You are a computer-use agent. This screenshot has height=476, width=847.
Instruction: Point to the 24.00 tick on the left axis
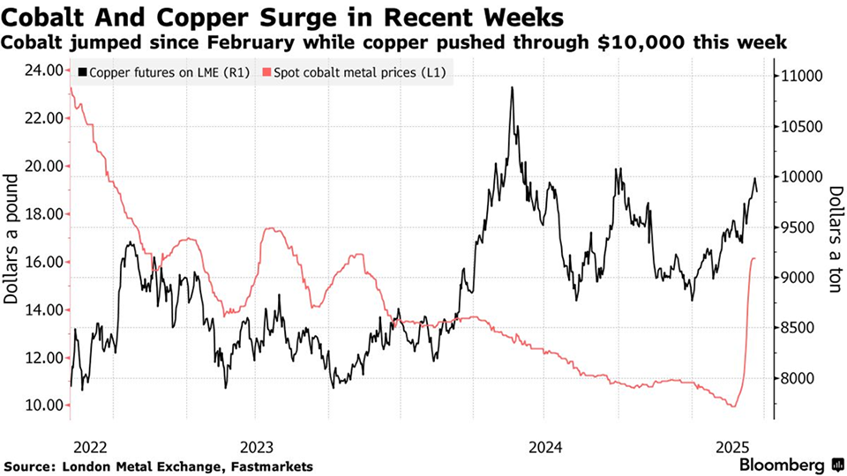click(41, 71)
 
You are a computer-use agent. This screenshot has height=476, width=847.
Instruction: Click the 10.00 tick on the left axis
click(41, 405)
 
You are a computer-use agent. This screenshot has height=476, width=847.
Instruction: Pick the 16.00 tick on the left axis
click(41, 262)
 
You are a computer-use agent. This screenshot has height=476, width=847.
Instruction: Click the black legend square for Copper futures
click(83, 71)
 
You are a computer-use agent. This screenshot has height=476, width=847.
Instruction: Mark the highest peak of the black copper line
click(512, 87)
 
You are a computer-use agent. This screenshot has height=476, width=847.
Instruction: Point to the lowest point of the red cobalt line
click(731, 406)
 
